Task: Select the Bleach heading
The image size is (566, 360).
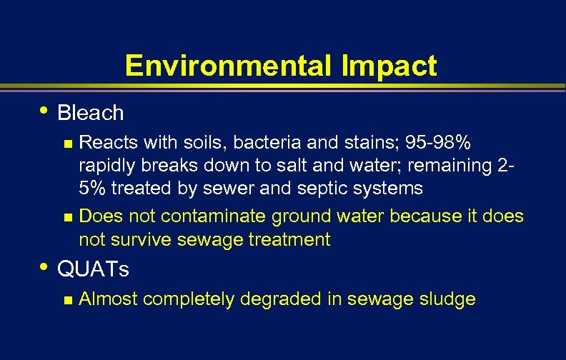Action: [90, 113]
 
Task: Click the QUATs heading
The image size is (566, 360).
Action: [93, 269]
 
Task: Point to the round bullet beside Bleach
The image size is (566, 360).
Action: [45, 111]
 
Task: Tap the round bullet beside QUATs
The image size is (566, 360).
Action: [45, 267]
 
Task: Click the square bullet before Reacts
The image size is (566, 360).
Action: [68, 144]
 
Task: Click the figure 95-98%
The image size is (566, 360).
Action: [437, 142]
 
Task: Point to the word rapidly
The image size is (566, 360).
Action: [104, 166]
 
